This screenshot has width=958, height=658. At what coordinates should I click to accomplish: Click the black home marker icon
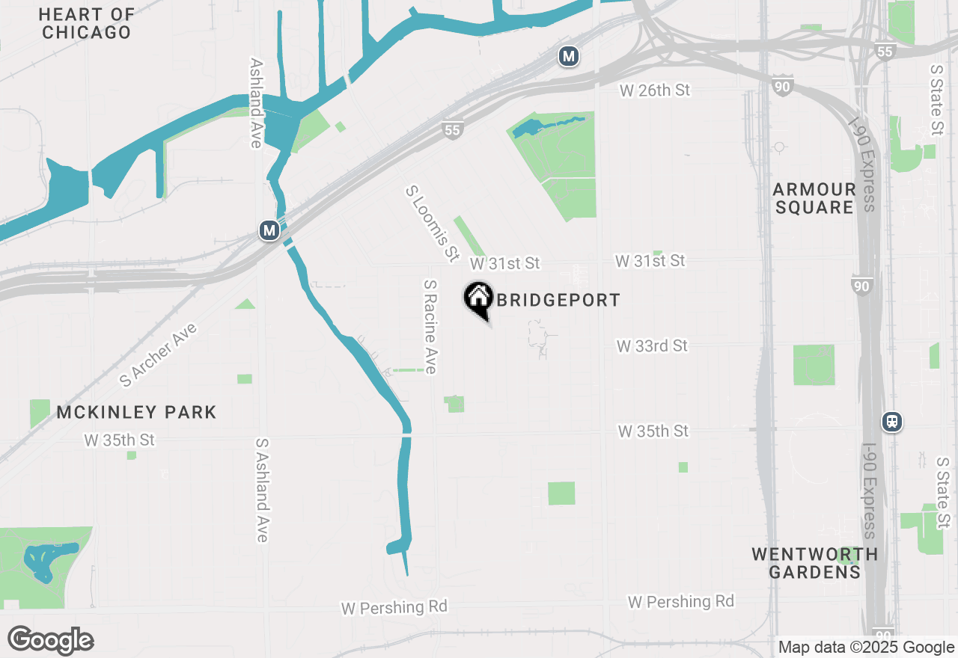point(478,298)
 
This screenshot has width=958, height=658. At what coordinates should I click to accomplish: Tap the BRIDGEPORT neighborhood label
point(558,301)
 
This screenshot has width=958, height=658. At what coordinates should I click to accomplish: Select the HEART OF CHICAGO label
point(87,23)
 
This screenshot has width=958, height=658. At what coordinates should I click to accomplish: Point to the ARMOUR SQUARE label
point(814,198)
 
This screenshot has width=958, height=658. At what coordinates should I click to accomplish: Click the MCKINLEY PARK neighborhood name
point(136,412)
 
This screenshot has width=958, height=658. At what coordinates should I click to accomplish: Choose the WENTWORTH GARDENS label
point(814,563)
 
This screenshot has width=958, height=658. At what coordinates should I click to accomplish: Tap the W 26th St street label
point(655,90)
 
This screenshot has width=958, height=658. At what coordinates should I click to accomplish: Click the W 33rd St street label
point(652,346)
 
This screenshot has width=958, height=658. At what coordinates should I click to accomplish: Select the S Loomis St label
point(432,224)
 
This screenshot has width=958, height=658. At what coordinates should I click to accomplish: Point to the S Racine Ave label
point(430,327)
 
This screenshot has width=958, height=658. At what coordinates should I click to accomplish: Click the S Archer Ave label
point(159,355)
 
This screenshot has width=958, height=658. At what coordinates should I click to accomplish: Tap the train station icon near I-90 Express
point(891,422)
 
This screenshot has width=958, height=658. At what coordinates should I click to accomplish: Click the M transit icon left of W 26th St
point(569,56)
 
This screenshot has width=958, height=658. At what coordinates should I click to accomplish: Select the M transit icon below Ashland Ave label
point(269,230)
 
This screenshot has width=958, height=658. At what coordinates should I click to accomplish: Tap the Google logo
point(50,641)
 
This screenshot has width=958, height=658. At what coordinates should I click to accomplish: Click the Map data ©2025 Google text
point(866,648)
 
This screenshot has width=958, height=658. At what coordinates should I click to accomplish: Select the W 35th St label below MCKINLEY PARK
point(119,440)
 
